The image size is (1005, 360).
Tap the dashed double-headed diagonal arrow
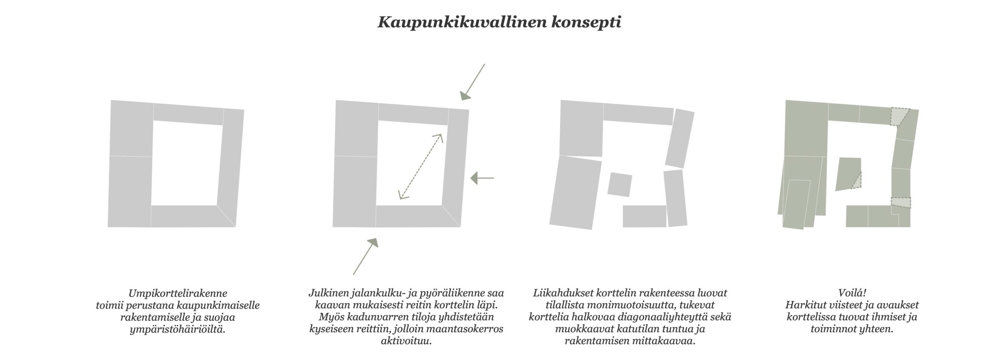pyautogui.click(x=420, y=166)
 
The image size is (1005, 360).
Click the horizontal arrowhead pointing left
pyautogui.click(x=477, y=178)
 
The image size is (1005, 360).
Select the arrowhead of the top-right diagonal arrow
pyautogui.click(x=466, y=96)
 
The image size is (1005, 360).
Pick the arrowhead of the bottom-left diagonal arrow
pyautogui.click(x=372, y=243)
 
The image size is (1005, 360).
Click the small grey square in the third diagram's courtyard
pyautogui.click(x=619, y=185)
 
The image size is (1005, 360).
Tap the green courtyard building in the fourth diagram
pyautogui.click(x=848, y=174)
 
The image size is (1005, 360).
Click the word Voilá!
pyautogui.click(x=852, y=293)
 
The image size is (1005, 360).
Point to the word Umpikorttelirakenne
pyautogui.click(x=178, y=293)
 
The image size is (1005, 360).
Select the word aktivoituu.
pyautogui.click(x=406, y=341)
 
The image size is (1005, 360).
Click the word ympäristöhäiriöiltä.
pyautogui.click(x=178, y=329)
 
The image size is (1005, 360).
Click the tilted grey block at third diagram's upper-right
pyautogui.click(x=680, y=138)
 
